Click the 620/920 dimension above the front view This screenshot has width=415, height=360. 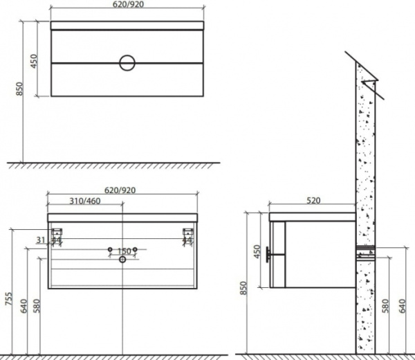click(x=128, y=4)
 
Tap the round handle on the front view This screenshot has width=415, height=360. click(x=127, y=63)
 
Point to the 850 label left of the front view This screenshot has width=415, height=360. click(x=20, y=90)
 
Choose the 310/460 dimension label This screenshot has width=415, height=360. click(x=85, y=201)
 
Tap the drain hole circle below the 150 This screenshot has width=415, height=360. click(x=122, y=260)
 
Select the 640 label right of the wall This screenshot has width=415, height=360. click(x=403, y=305)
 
